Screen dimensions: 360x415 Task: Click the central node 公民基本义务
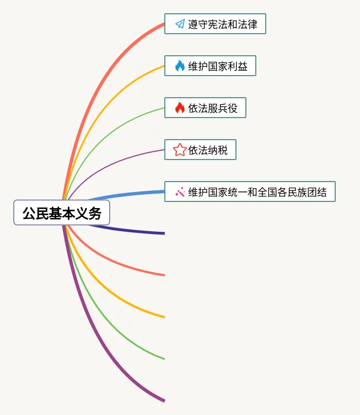point(62,213)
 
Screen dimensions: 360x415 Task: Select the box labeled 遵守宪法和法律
point(215,24)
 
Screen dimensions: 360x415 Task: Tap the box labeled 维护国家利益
point(210,66)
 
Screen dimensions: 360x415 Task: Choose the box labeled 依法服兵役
point(205,108)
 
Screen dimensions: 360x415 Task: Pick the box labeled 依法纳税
point(200,150)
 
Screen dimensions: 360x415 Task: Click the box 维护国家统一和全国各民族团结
point(250,191)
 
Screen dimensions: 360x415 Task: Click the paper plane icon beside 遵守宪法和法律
point(180,24)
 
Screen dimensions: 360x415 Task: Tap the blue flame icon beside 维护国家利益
point(180,66)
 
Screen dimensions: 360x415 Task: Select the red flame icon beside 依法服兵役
point(180,108)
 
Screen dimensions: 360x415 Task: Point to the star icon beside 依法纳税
point(180,150)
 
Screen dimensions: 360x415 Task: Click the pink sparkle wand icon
point(180,191)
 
